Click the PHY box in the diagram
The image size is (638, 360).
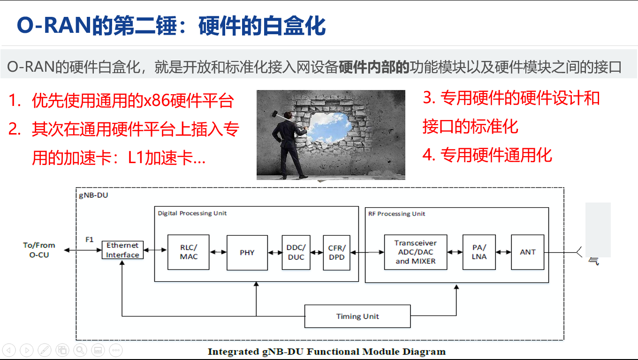tap(247, 252)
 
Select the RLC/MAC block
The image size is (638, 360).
tap(189, 252)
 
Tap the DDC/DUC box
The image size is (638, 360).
tap(296, 252)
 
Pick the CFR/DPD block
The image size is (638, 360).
tap(336, 252)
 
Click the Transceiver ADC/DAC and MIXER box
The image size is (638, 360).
tap(415, 252)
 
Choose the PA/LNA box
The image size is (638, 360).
tap(479, 252)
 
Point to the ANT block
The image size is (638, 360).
tap(527, 252)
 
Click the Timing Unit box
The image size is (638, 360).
tap(357, 316)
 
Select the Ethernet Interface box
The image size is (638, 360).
tap(122, 250)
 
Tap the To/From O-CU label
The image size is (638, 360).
tap(39, 250)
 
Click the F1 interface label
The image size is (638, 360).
tap(90, 240)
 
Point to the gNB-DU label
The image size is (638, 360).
tap(93, 195)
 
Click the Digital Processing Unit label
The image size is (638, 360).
tap(192, 213)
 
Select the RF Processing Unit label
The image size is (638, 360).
tap(396, 214)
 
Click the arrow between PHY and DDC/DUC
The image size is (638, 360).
tap(275, 252)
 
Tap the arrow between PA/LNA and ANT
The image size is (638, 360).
tap(503, 252)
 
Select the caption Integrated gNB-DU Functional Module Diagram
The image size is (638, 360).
tap(327, 352)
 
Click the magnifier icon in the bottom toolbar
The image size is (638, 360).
tap(80, 350)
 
